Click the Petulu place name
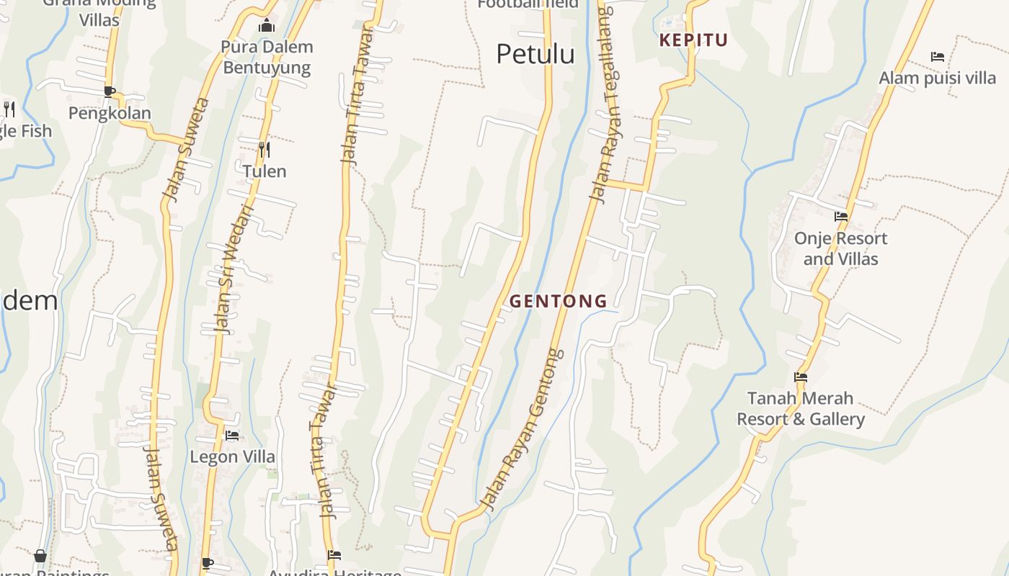pyautogui.click(x=535, y=54)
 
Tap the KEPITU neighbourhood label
pyautogui.click(x=693, y=40)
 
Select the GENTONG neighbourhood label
pyautogui.click(x=559, y=301)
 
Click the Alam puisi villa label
pyautogui.click(x=937, y=78)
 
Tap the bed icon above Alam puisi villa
pyautogui.click(x=937, y=56)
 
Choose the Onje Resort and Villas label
pyautogui.click(x=840, y=248)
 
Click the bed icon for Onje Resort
pyautogui.click(x=840, y=216)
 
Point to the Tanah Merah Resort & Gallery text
pyautogui.click(x=800, y=408)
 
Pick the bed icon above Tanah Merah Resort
pyautogui.click(x=800, y=377)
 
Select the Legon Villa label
pyautogui.click(x=232, y=456)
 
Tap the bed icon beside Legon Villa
pyautogui.click(x=232, y=435)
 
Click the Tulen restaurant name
pyautogui.click(x=264, y=171)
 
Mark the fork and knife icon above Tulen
pyautogui.click(x=265, y=150)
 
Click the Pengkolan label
pyautogui.click(x=110, y=113)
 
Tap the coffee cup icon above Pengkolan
pyautogui.click(x=110, y=91)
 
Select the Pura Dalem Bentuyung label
pyautogui.click(x=267, y=58)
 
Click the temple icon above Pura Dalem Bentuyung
pyautogui.click(x=267, y=26)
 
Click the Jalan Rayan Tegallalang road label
pyautogui.click(x=605, y=104)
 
